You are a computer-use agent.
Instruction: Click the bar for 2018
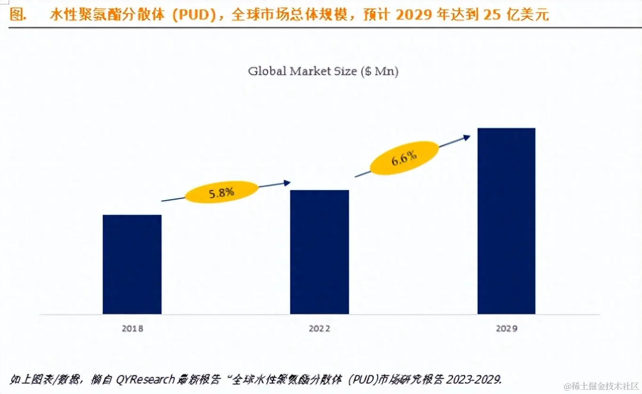tap(132, 264)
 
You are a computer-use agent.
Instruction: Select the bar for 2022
tap(319, 252)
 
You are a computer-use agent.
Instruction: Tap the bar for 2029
tap(506, 221)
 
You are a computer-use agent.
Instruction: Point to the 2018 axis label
tap(132, 329)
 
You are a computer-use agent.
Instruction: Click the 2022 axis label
tap(319, 329)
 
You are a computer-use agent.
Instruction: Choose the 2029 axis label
tap(506, 329)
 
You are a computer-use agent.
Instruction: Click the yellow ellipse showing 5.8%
tap(222, 192)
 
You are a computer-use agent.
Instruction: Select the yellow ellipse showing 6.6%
tap(404, 158)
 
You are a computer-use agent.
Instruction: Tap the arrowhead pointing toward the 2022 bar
tap(287, 183)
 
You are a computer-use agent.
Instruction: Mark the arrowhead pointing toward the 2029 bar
tap(466, 137)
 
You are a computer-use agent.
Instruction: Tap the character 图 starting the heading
tap(17, 15)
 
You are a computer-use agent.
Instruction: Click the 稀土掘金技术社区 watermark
tap(600, 386)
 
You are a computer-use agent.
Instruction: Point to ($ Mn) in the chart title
tap(379, 72)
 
